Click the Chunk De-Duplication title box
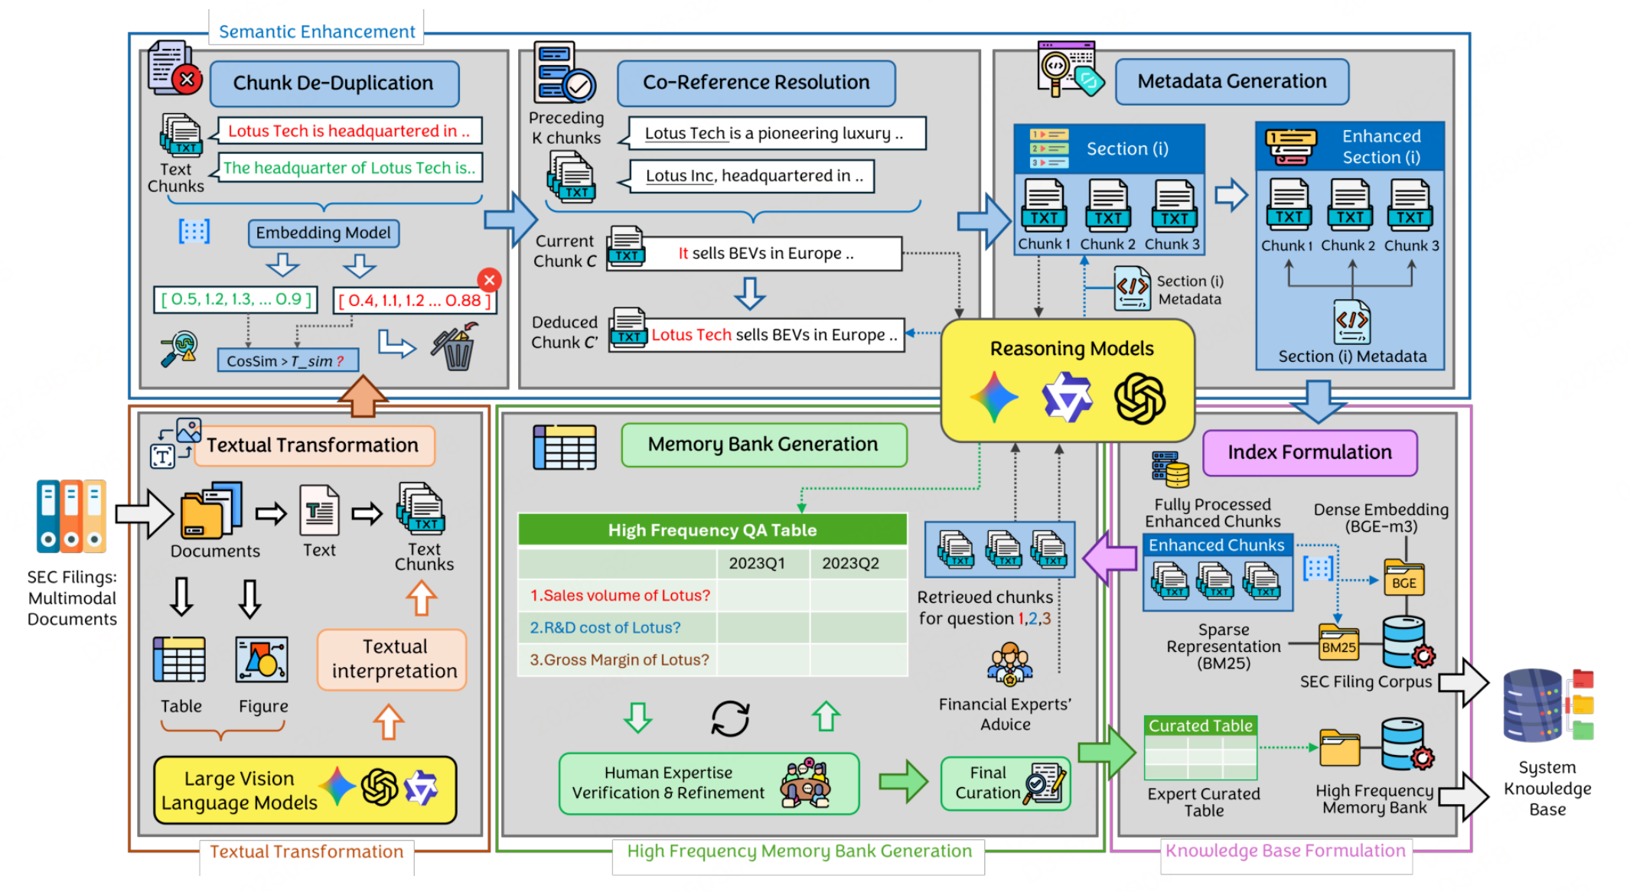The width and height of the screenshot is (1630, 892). pos(334,83)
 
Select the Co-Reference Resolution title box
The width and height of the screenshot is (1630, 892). pos(756,83)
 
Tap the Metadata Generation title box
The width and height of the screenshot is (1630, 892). pos(1231,82)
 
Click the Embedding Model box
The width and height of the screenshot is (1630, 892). pos(323,233)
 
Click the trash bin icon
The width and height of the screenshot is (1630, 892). pos(456,349)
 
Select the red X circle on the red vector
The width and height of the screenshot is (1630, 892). pos(489,280)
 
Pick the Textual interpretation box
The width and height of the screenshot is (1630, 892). pos(393,659)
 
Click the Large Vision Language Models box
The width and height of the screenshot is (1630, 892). pos(305,790)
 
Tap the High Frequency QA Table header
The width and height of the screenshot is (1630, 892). pos(712,530)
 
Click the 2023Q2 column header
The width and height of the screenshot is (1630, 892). pos(850,564)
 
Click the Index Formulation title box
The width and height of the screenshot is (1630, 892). pos(1309,453)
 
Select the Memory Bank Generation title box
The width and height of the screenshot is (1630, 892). pos(763,444)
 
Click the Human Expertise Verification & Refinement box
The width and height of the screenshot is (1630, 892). pos(709,783)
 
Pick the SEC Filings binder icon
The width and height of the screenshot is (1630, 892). pos(71,516)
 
